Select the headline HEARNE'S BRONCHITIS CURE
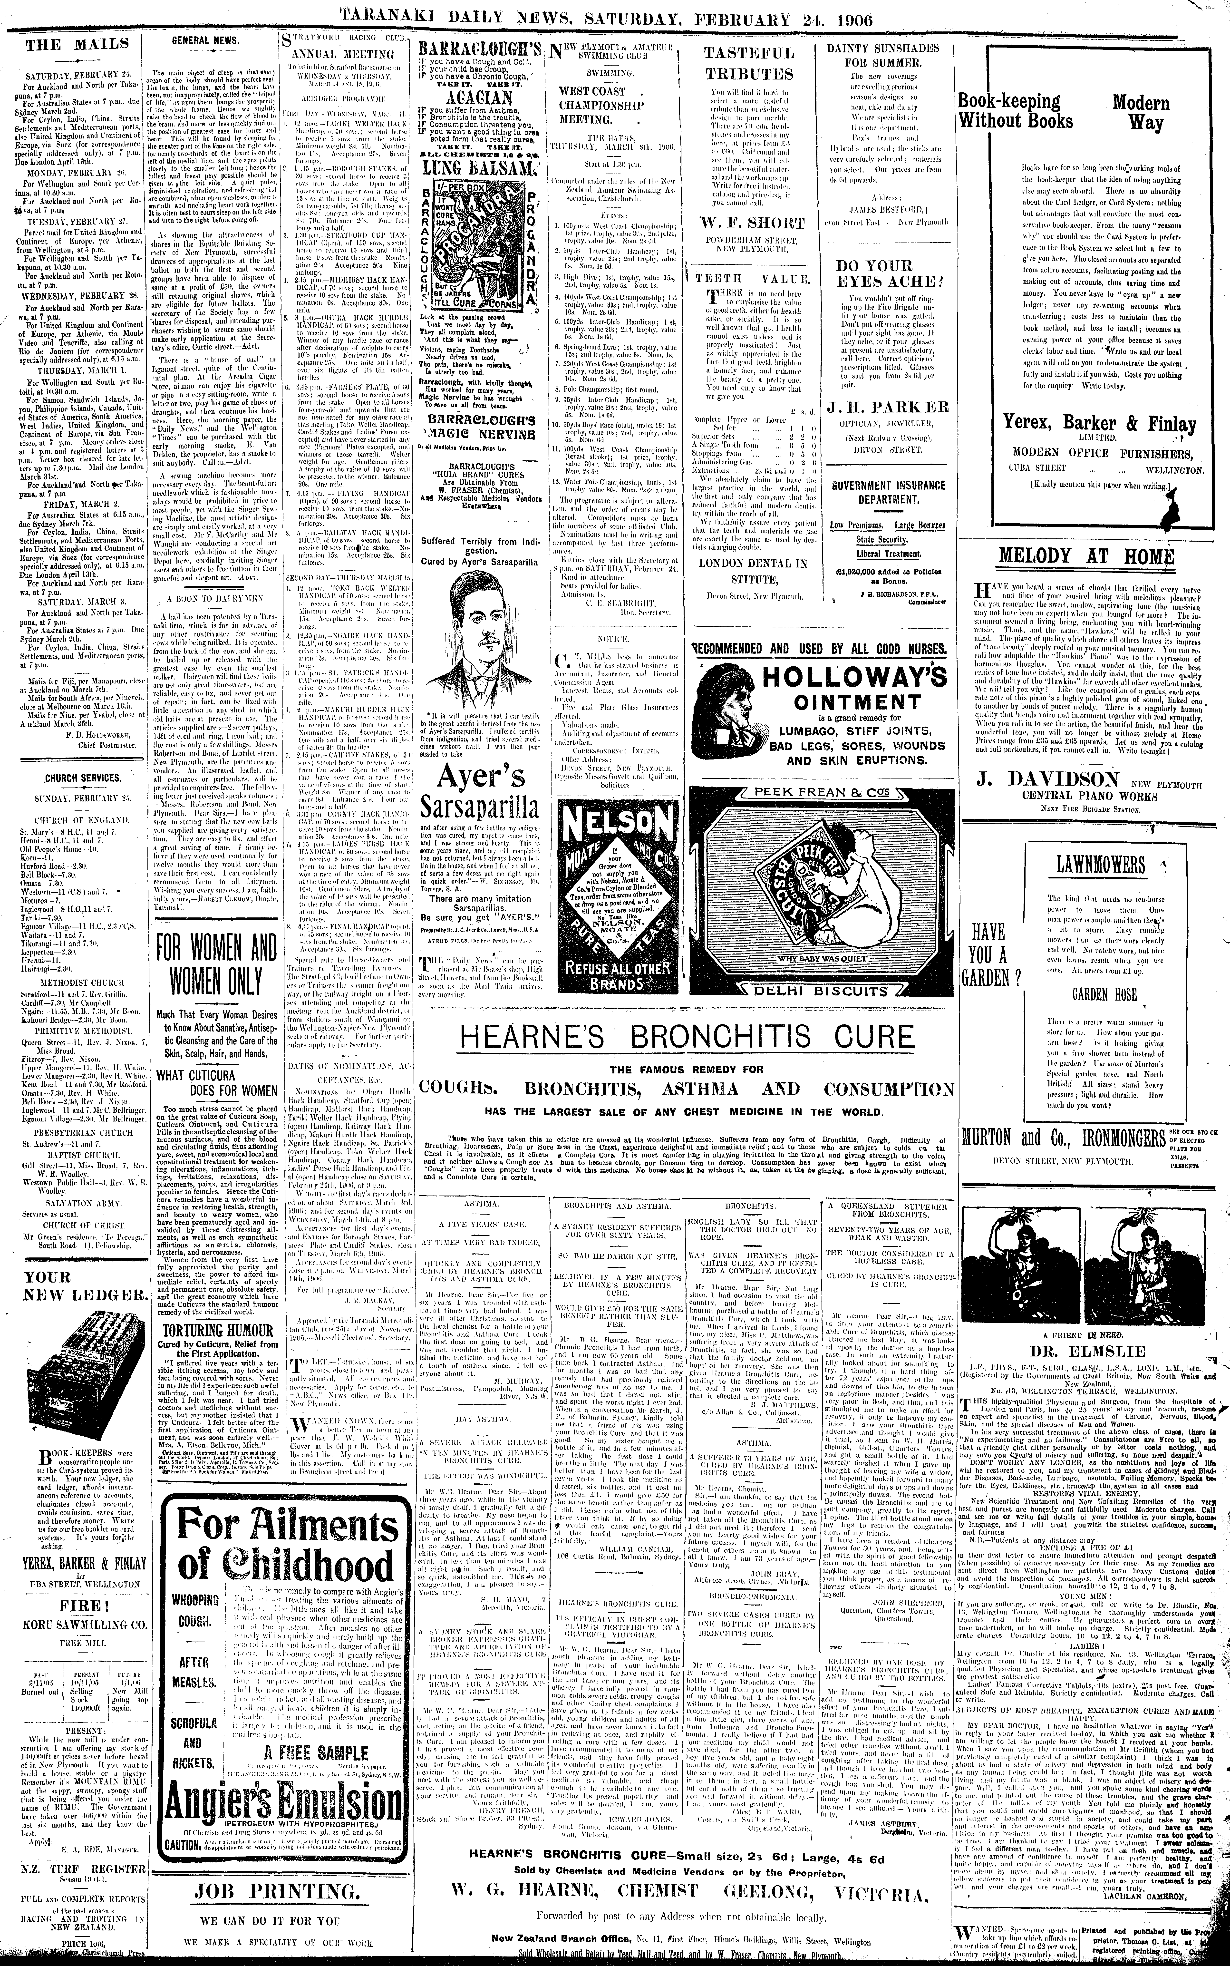tap(688, 1037)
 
